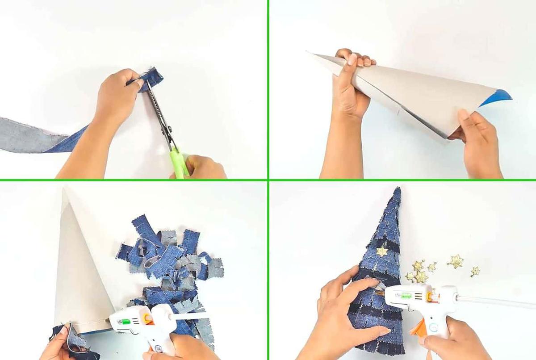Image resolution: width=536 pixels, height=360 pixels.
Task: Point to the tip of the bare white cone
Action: click(65, 190)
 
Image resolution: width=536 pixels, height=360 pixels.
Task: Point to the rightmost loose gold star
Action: click(475, 271)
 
